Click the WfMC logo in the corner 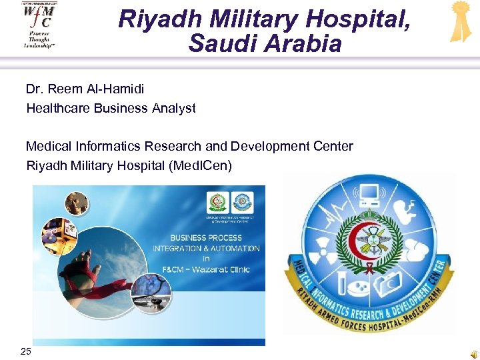[39, 24]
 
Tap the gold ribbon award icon [460, 21]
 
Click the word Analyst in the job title [175, 108]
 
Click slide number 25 [25, 351]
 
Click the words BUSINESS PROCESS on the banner [206, 237]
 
